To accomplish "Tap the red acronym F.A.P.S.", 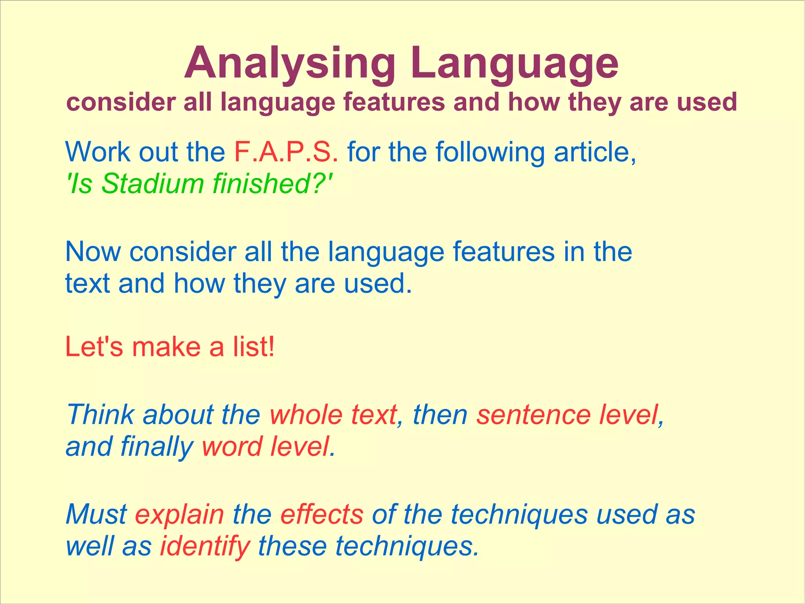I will pyautogui.click(x=286, y=152).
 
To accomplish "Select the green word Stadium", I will pyautogui.click(x=153, y=184).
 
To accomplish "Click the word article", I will pyautogui.click(x=595, y=152).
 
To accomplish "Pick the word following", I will pyautogui.click(x=490, y=152).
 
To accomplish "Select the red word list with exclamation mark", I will pyautogui.click(x=254, y=347).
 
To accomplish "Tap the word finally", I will pyautogui.click(x=156, y=447).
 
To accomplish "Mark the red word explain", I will pyautogui.click(x=179, y=514).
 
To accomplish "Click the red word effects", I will pyautogui.click(x=322, y=514).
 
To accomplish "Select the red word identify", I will pyautogui.click(x=205, y=546).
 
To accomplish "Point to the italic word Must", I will pyautogui.click(x=96, y=514).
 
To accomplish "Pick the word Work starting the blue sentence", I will pyautogui.click(x=97, y=152).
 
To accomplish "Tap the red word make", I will pyautogui.click(x=166, y=347).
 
